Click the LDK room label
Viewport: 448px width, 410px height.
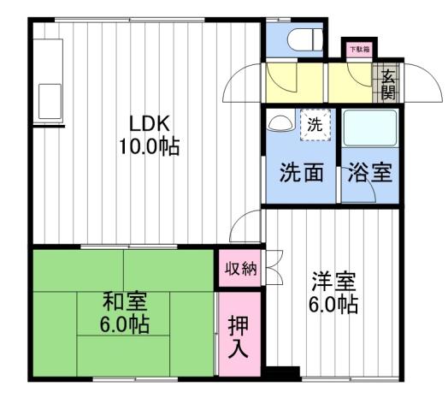point(148,122)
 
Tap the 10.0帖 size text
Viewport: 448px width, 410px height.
point(148,146)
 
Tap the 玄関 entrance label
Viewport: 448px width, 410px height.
point(388,81)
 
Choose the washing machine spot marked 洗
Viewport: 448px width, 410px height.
point(315,124)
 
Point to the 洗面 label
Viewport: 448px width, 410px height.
point(302,172)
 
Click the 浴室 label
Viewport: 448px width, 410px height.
point(370,172)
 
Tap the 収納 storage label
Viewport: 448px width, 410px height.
point(240,269)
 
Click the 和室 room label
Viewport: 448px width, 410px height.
point(125,301)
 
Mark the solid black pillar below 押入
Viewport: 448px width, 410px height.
point(281,373)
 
